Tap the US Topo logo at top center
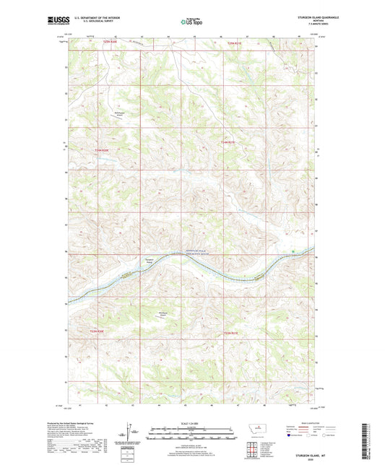pyautogui.click(x=191, y=22)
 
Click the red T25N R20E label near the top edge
pyautogui.click(x=104, y=44)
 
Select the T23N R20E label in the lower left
pyautogui.click(x=96, y=331)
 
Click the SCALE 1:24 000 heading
pyautogui.click(x=192, y=423)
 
